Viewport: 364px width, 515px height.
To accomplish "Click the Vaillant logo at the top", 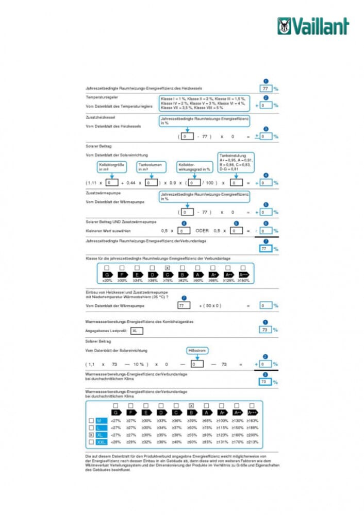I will (x=313, y=26).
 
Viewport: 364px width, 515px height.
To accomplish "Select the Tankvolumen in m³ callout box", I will (x=151, y=167).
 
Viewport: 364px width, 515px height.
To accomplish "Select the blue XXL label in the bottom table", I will (x=102, y=442).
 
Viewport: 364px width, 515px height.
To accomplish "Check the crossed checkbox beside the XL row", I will (x=91, y=435).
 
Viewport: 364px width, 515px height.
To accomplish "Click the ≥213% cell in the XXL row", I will (x=253, y=442).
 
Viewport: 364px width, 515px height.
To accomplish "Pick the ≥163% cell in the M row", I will (x=253, y=421).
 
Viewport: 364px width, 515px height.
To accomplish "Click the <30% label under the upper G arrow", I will (x=107, y=281).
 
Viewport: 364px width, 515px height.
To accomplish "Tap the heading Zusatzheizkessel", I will (x=101, y=118).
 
